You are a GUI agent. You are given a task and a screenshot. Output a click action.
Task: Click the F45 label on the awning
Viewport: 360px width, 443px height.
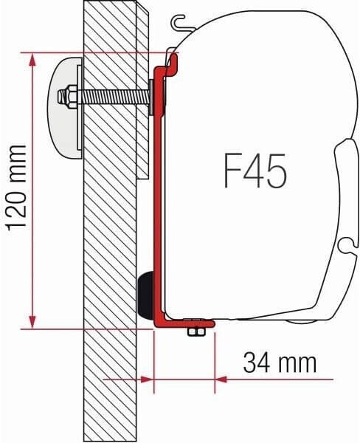pyautogui.click(x=255, y=171)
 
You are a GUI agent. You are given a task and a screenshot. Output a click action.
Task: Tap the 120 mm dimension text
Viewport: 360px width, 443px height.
pyautogui.click(x=17, y=188)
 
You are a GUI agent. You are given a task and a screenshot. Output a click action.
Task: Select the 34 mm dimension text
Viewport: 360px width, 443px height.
pyautogui.click(x=280, y=362)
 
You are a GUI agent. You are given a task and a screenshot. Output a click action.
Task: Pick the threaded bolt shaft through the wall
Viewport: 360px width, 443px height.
pyautogui.click(x=113, y=97)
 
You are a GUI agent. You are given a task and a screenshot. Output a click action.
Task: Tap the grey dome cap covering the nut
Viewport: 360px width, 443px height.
pyautogui.click(x=66, y=108)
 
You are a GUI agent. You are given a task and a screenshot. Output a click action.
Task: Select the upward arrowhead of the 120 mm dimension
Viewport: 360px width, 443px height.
pyautogui.click(x=32, y=61)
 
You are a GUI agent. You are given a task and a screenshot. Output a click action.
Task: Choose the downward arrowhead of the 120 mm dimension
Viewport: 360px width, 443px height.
pyautogui.click(x=32, y=321)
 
